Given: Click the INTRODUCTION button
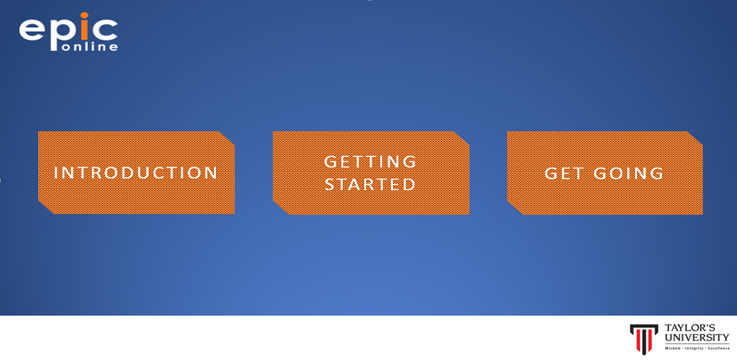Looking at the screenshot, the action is point(136,173).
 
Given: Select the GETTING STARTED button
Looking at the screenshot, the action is point(371,173).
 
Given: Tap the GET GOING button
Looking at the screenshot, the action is point(605,173).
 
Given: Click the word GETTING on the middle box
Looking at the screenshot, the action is point(371,162).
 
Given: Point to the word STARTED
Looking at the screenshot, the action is point(371,184).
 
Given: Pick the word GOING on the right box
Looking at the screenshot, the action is point(628,174).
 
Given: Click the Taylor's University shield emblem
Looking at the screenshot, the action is point(644,338).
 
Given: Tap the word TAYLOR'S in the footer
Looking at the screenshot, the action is point(696,328).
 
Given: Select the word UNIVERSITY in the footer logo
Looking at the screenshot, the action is point(697,338).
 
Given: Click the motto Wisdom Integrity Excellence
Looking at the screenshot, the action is point(697,348).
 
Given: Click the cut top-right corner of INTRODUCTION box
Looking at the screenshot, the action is point(227,138).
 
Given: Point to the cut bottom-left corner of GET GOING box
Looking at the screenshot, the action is point(515,207).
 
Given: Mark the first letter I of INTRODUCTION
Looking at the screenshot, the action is point(56,173).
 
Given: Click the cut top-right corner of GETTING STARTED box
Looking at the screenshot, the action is point(461,138).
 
